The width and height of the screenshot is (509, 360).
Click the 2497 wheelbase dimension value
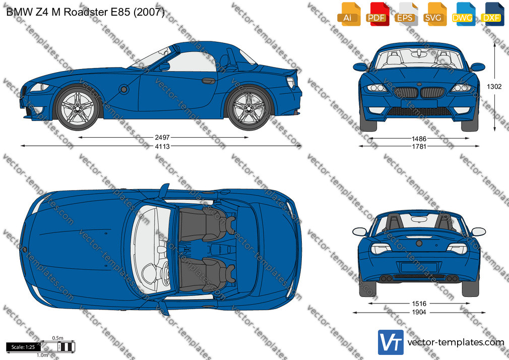click(162, 138)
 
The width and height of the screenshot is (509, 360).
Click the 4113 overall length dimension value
click(162, 147)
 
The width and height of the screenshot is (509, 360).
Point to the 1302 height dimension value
click(494, 86)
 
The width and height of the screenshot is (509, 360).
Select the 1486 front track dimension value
click(419, 139)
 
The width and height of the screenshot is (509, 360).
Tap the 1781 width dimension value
click(419, 147)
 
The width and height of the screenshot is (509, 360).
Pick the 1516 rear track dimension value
click(419, 304)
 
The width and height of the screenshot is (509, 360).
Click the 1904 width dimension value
click(419, 312)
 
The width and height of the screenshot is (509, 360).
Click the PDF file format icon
click(377, 14)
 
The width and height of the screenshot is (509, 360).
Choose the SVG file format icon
click(434, 14)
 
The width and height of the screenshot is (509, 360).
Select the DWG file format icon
click(463, 14)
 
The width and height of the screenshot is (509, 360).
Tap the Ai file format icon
click(349, 14)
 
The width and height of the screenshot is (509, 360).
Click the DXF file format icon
click(492, 14)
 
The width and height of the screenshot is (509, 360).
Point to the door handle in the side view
click(208, 81)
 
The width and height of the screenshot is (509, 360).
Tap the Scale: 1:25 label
click(23, 347)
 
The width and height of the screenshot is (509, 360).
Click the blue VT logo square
click(391, 342)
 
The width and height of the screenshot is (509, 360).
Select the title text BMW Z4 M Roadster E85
click(69, 12)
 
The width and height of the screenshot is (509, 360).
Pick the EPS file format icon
click(406, 14)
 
